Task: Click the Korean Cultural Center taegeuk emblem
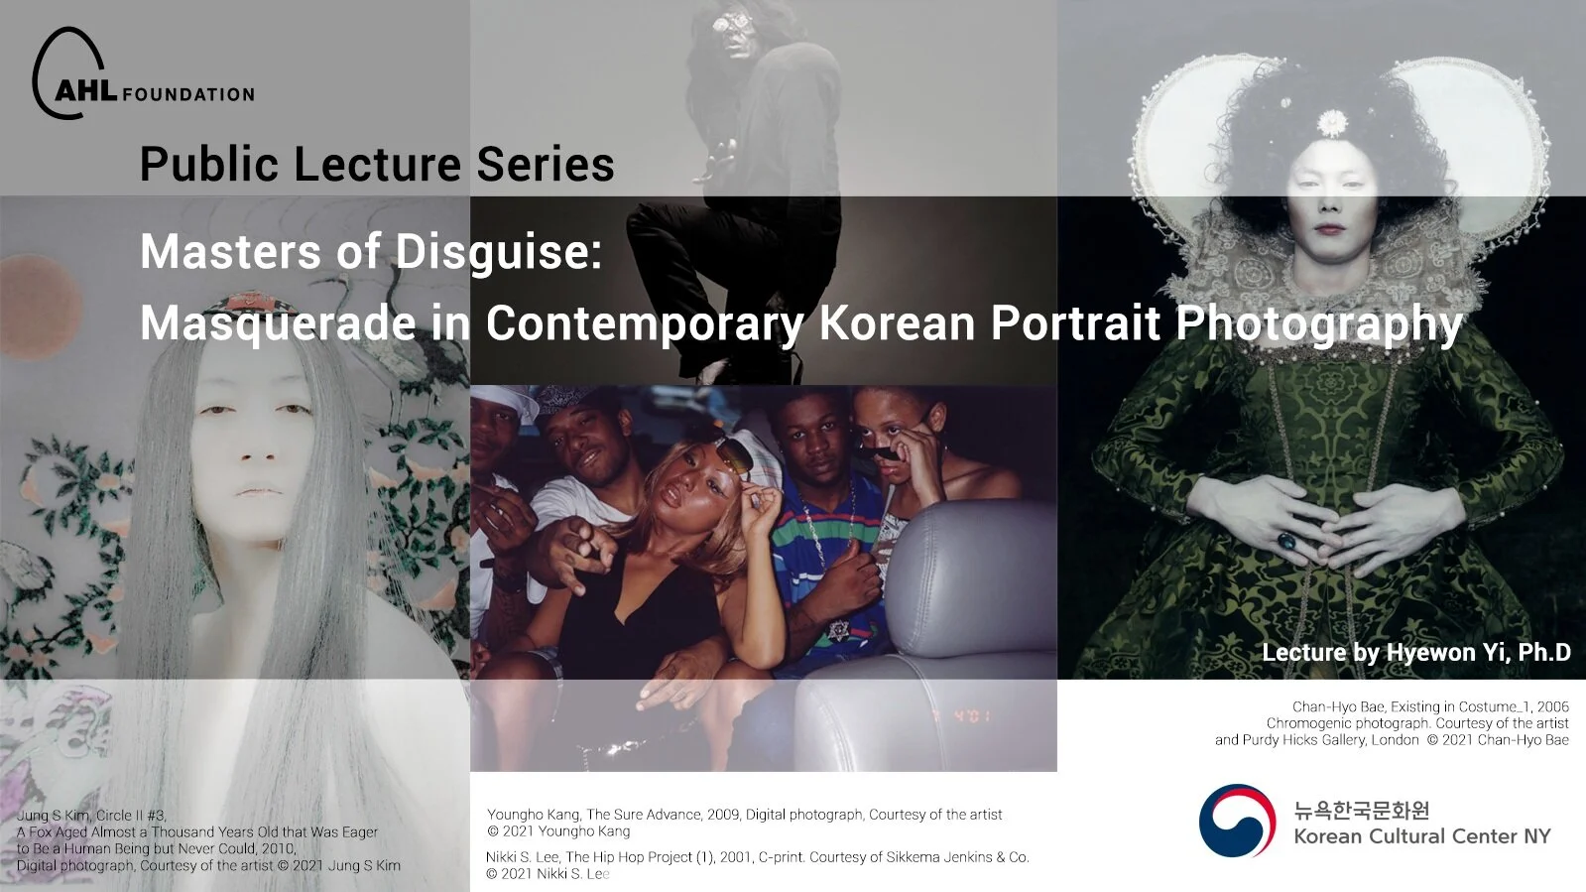pos(1237,822)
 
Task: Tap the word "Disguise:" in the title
pos(498,252)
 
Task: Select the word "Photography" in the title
pos(1319,323)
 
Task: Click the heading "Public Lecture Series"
pos(377,165)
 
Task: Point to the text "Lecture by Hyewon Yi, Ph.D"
pos(1415,653)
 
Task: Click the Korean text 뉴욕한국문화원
pos(1361,810)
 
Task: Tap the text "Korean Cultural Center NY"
pos(1421,836)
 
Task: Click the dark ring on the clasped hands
pos(1286,543)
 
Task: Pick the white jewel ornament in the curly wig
pos(1332,123)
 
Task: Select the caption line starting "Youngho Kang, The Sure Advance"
pos(744,815)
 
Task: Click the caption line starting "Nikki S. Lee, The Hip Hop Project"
pos(757,857)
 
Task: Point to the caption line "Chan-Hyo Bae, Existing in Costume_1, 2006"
pos(1430,707)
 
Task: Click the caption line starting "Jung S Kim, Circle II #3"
pos(91,816)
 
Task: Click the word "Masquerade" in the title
pos(278,323)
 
